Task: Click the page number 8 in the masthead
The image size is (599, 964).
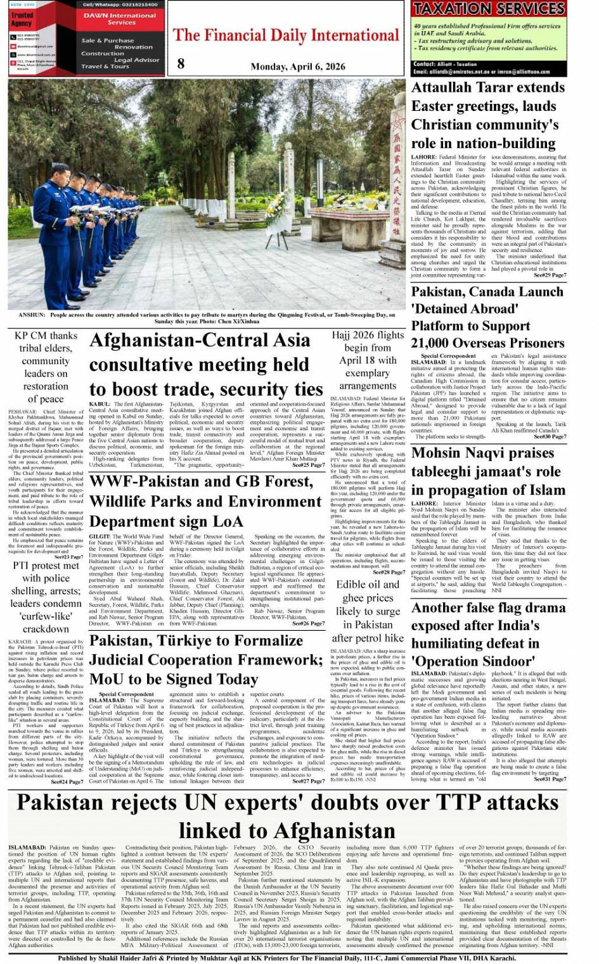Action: pyautogui.click(x=181, y=63)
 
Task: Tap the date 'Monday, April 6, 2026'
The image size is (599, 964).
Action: pyautogui.click(x=297, y=66)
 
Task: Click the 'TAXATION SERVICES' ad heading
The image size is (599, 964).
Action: pyautogui.click(x=489, y=9)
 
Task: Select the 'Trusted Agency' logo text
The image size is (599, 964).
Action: pyautogui.click(x=22, y=19)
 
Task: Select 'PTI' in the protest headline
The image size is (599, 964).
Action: pyautogui.click(x=21, y=566)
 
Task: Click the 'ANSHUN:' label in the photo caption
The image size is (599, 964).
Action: pyautogui.click(x=31, y=315)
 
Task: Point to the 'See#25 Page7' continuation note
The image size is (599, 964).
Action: pyautogui.click(x=308, y=466)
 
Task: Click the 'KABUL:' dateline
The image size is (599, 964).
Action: pyautogui.click(x=100, y=404)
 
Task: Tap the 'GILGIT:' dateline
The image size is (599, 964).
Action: pyautogui.click(x=100, y=536)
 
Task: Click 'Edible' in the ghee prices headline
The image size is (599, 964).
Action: pyautogui.click(x=353, y=585)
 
